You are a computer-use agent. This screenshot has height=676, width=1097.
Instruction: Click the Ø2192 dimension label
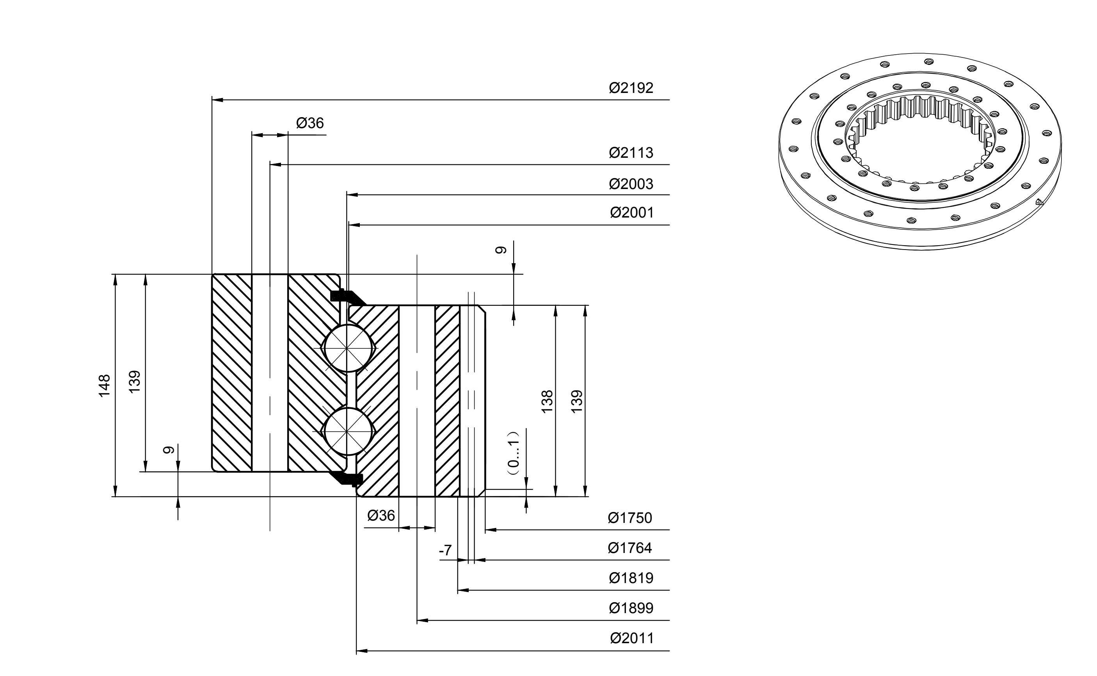(631, 87)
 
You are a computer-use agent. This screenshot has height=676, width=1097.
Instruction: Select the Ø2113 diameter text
(631, 153)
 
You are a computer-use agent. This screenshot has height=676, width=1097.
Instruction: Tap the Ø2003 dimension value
(631, 184)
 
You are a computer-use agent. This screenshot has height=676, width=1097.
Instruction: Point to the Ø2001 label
(631, 212)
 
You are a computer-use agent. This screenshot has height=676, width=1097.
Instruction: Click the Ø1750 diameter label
(630, 518)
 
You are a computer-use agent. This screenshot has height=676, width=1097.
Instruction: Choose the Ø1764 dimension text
(630, 548)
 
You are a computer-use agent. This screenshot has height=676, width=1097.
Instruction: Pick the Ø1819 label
(631, 578)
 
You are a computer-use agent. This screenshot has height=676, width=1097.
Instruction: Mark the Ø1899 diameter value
(631, 608)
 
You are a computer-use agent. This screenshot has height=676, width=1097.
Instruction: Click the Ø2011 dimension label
(631, 638)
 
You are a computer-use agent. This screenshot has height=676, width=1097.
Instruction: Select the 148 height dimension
(104, 385)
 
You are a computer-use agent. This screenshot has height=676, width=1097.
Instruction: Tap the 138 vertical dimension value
(547, 401)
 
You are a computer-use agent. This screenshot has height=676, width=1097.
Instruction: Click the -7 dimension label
(445, 550)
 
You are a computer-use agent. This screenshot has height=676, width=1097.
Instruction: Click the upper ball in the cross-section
(348, 348)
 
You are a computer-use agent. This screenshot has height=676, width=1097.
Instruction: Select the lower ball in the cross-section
(348, 430)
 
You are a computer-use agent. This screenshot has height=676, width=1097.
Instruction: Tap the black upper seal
(347, 296)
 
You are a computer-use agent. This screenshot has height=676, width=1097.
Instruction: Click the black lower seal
(347, 478)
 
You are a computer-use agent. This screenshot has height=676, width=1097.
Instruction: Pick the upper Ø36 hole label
(309, 123)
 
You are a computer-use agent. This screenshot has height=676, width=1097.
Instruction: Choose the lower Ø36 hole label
(381, 515)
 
